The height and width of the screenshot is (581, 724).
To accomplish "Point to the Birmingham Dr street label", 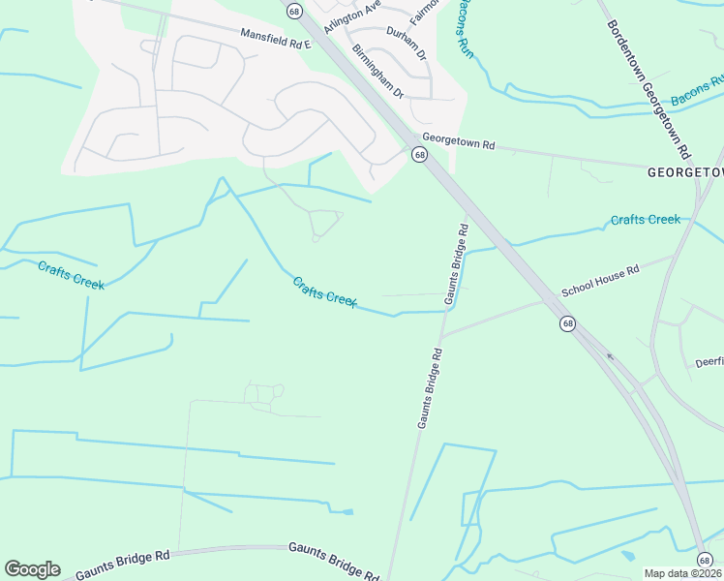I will (377, 71).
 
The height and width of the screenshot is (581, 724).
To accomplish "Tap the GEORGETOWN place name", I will (684, 172).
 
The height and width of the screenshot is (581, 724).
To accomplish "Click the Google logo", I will (32, 569).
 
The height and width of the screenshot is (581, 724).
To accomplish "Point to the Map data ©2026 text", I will (683, 573).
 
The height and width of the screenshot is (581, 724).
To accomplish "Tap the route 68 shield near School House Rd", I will (566, 322).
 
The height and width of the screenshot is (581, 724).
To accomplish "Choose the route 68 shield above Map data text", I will (705, 559).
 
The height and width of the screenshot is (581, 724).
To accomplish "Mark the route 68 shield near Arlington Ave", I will (294, 10).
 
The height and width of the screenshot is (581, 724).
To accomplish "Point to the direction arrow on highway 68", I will (609, 355).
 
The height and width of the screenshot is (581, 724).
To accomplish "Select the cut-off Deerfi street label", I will (709, 363).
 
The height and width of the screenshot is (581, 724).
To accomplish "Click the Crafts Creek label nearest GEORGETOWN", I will (645, 220).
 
